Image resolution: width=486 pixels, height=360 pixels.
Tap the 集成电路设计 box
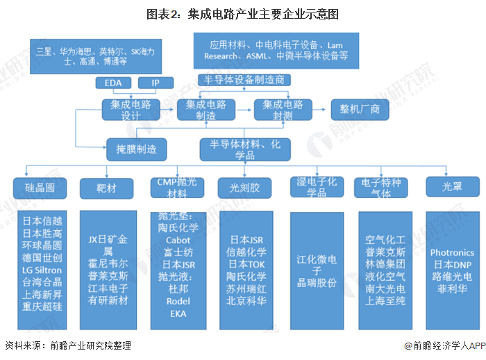(131, 110)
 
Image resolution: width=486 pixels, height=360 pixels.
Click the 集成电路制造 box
(206, 110)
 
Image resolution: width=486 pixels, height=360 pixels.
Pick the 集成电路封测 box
(283, 110)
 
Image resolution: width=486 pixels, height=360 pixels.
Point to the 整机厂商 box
(360, 110)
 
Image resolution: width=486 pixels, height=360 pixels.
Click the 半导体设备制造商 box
(242, 79)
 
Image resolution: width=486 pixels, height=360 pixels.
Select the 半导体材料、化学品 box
(241, 148)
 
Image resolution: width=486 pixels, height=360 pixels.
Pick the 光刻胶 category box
(239, 187)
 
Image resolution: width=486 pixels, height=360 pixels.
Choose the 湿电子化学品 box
(317, 187)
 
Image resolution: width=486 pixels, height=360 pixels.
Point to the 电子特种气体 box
(383, 187)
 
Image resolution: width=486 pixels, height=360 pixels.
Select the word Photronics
(452, 253)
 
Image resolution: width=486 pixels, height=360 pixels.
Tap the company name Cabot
(178, 240)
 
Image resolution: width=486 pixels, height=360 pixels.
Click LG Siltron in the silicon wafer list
(42, 270)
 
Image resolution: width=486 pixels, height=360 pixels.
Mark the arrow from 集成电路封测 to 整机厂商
(320, 110)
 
